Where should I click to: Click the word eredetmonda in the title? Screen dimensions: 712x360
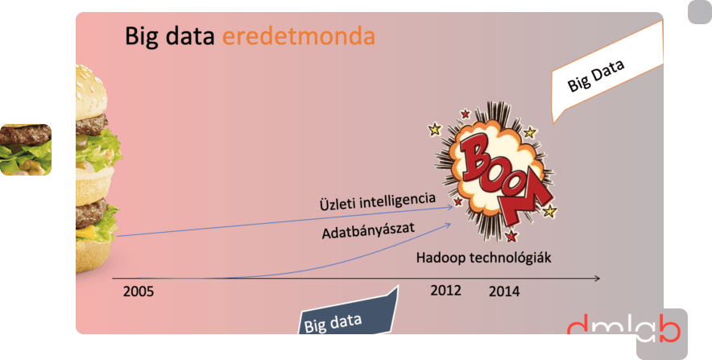click(299, 36)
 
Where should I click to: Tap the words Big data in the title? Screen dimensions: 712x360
click(169, 36)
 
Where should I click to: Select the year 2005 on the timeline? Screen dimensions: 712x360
click(139, 292)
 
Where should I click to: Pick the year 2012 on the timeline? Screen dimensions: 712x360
click(446, 290)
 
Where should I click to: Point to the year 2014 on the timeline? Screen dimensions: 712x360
click(504, 292)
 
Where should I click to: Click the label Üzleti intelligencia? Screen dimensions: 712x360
click(378, 201)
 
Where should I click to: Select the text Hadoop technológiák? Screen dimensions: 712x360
click(483, 258)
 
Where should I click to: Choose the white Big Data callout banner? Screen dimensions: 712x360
click(606, 72)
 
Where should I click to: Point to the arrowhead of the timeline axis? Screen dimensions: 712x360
click(598, 279)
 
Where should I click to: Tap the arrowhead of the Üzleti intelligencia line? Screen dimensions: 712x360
click(450, 207)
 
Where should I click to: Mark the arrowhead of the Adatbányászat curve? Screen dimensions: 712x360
click(449, 224)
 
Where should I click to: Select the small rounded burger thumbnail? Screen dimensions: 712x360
click(26, 149)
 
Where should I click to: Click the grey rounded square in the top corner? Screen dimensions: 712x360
click(700, 12)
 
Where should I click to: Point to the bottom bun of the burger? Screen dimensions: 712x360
click(93, 255)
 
